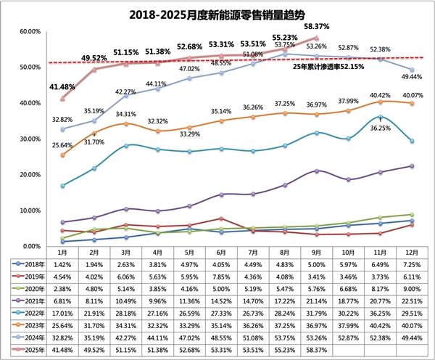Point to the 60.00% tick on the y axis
28,32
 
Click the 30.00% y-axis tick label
28,139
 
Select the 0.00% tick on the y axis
30,246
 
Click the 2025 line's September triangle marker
316,38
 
